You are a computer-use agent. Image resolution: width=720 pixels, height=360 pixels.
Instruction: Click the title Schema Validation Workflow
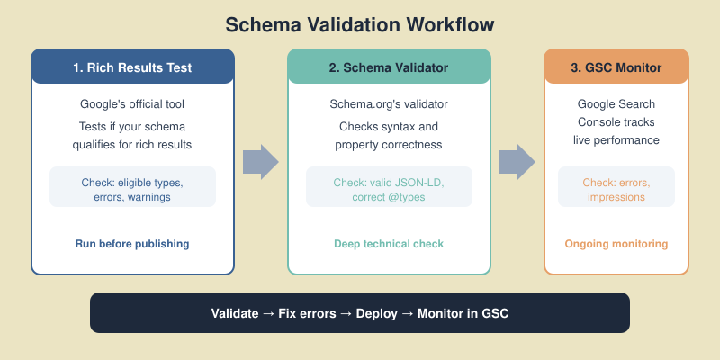click(x=360, y=24)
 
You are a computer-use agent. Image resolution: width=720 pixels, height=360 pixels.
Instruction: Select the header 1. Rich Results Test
click(x=133, y=67)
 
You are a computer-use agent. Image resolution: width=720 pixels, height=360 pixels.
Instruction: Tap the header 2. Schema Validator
click(x=389, y=67)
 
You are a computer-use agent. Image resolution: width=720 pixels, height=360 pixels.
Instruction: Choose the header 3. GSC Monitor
click(x=616, y=67)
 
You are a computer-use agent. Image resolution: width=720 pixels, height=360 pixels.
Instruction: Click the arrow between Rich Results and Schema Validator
click(x=261, y=162)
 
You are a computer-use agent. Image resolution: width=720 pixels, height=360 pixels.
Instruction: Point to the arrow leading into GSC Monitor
click(x=517, y=162)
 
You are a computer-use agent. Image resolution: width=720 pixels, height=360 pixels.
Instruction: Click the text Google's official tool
click(x=133, y=104)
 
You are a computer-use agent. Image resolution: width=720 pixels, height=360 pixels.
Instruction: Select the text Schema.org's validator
click(x=389, y=104)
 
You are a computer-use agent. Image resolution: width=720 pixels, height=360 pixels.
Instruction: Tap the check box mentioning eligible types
click(x=133, y=186)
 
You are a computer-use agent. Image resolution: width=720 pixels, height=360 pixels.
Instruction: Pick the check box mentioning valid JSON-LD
click(x=389, y=186)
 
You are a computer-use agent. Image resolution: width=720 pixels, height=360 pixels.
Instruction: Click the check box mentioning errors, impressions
click(x=616, y=186)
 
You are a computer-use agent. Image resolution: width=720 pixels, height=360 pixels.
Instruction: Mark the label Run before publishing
click(x=133, y=244)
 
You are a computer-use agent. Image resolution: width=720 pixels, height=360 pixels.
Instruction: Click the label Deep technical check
click(x=389, y=244)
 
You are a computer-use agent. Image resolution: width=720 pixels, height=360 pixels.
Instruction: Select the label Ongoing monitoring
click(x=616, y=244)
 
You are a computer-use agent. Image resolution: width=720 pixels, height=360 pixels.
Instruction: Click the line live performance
click(x=616, y=141)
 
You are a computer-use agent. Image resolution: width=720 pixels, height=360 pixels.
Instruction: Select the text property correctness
click(x=389, y=145)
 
